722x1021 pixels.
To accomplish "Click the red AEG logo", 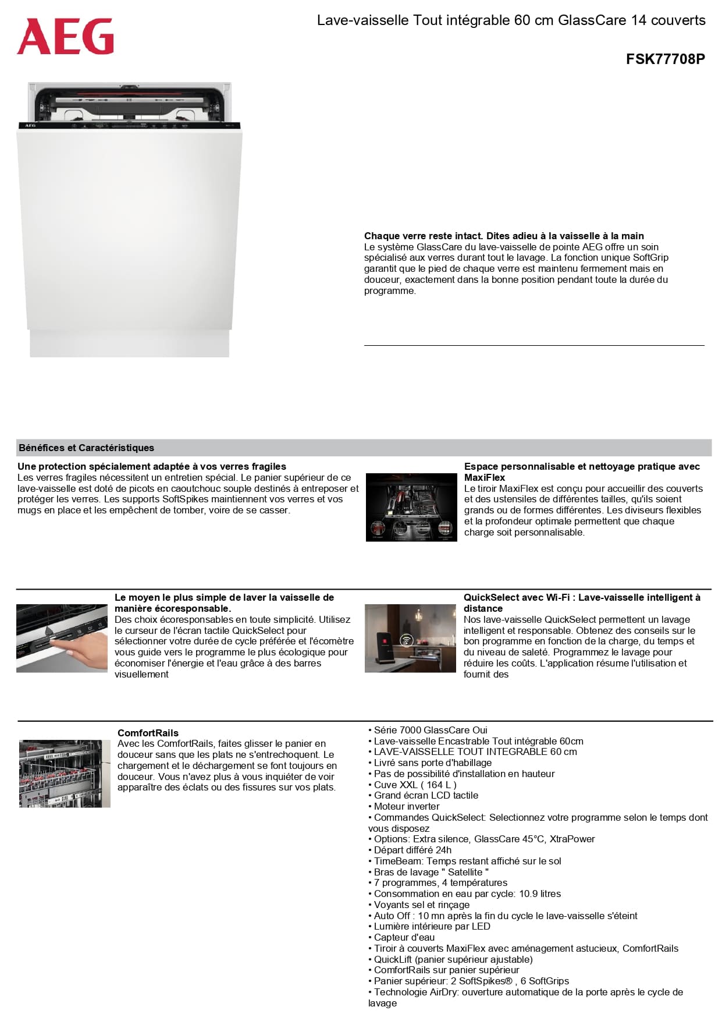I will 65,36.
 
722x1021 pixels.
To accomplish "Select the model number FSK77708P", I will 665,59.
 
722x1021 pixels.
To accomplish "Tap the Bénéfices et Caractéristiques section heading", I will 86,448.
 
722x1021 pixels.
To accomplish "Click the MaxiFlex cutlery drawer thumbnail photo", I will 411,507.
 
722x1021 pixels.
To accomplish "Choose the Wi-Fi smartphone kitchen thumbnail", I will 410,638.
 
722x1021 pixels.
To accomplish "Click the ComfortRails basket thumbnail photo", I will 65,774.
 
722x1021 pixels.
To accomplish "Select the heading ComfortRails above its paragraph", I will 148,733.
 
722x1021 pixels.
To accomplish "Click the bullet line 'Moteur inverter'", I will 406,806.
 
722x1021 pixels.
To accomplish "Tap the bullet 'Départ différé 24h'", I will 412,850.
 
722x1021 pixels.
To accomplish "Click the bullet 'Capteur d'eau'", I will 404,937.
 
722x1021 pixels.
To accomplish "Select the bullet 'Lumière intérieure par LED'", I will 432,926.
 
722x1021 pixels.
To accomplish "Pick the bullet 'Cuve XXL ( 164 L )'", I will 415,785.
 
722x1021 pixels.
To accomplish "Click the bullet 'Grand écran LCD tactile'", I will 426,795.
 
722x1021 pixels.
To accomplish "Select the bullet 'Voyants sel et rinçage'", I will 421,905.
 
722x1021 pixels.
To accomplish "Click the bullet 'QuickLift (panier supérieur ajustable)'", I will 453,959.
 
